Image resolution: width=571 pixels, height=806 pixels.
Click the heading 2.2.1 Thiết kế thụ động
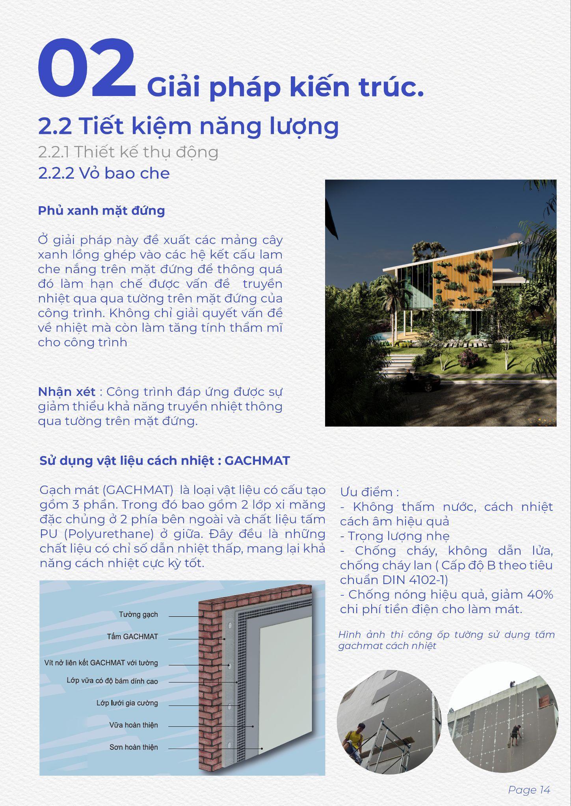tap(128, 152)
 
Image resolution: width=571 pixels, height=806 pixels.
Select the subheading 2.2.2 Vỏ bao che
tap(104, 173)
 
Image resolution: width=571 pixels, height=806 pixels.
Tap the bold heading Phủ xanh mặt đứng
tap(101, 211)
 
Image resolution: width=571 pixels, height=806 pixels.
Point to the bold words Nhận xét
tap(67, 392)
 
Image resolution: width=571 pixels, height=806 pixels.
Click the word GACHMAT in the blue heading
tap(257, 460)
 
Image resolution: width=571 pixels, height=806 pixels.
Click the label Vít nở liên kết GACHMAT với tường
tap(101, 663)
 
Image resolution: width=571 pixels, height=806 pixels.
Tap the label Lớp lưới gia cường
tap(127, 703)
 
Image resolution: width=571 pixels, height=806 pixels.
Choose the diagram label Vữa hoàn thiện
tap(133, 725)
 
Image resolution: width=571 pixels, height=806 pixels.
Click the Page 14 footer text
tap(529, 789)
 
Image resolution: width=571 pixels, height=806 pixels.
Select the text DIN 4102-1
tap(415, 580)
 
